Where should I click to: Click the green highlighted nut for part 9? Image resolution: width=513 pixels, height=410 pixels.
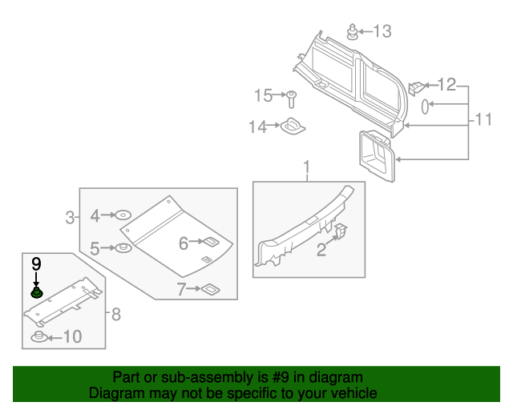[36, 293]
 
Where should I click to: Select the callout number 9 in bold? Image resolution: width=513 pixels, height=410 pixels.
[36, 263]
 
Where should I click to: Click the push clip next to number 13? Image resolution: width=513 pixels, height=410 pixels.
[352, 32]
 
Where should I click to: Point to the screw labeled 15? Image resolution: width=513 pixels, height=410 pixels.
[292, 99]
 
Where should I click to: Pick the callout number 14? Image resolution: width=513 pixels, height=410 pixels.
[256, 127]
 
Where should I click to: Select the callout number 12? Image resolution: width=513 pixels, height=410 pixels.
[446, 84]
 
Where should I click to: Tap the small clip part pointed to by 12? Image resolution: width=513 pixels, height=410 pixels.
[417, 86]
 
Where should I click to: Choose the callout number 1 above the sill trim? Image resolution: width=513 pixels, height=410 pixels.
[305, 167]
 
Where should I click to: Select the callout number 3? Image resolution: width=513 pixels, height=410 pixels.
[70, 216]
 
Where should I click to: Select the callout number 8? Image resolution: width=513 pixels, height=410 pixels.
[116, 315]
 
